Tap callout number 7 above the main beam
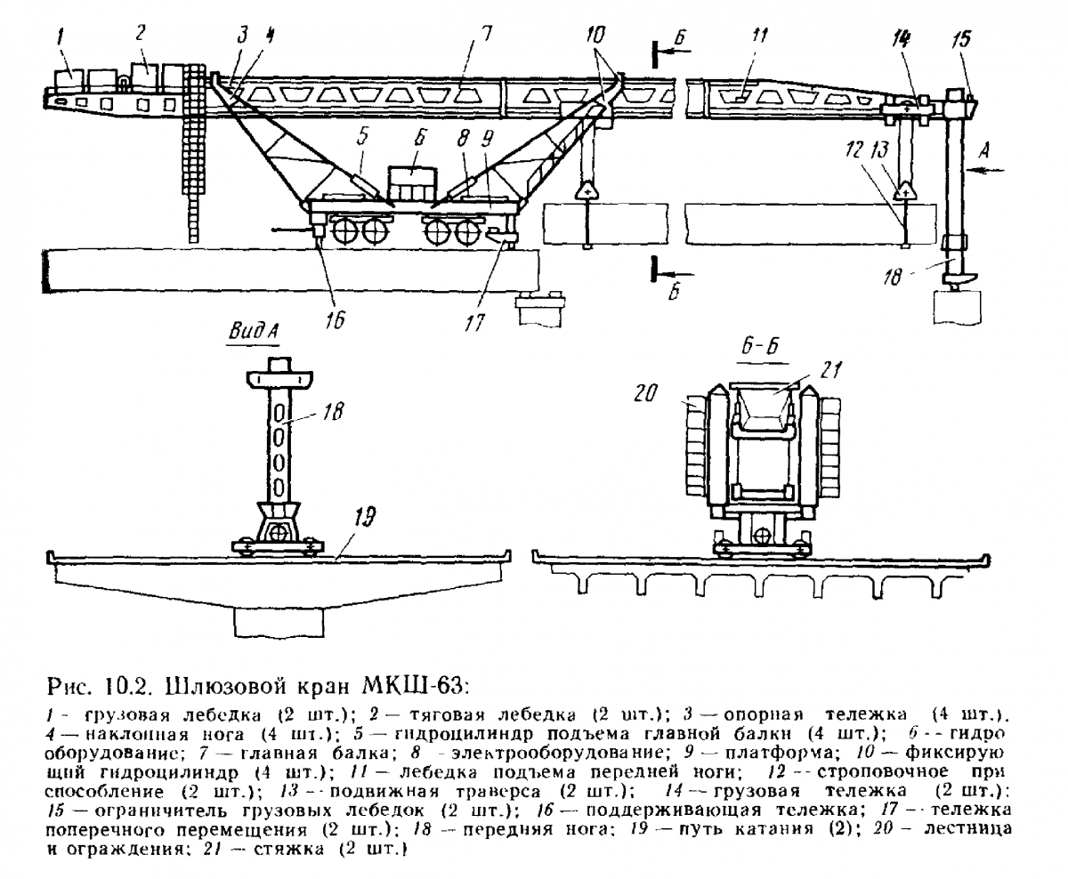[x=486, y=36]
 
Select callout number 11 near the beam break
[x=759, y=36]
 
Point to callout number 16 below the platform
[x=336, y=320]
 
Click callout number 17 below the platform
[x=474, y=323]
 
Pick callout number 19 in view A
[x=365, y=519]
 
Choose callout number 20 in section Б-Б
[x=645, y=392]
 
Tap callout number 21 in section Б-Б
[x=830, y=370]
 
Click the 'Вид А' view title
[x=254, y=332]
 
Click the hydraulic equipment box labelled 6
[x=412, y=185]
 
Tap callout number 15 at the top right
[x=961, y=39]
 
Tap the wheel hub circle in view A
[x=277, y=533]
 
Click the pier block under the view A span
[x=279, y=622]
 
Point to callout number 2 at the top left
[x=141, y=34]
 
